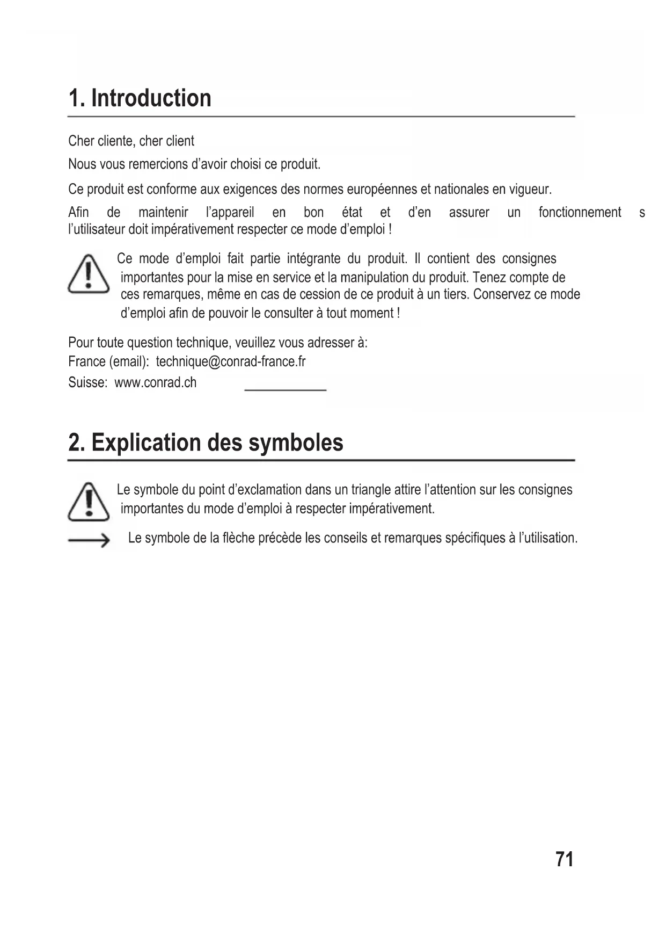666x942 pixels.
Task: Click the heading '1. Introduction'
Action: pos(140,98)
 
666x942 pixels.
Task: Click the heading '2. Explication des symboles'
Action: pos(206,443)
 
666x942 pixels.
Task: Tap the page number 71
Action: pos(565,859)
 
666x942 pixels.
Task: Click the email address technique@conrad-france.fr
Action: pos(231,361)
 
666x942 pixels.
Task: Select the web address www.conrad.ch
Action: pos(156,383)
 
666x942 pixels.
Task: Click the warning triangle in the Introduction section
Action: pos(89,275)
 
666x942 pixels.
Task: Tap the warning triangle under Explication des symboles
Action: pos(89,502)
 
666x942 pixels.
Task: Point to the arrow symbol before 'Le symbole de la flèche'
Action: pos(89,540)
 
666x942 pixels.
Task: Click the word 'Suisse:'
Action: pos(88,383)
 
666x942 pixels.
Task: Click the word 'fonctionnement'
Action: pos(580,213)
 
